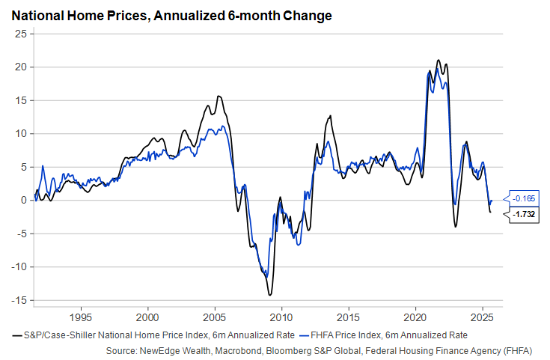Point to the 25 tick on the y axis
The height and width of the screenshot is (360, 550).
click(22, 34)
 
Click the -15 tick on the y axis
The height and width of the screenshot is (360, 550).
click(19, 300)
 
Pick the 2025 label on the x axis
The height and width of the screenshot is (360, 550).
click(482, 316)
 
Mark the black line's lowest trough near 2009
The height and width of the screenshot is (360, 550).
click(269, 295)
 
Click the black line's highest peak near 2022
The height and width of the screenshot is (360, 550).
click(439, 61)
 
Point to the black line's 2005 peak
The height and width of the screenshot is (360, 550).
click(219, 96)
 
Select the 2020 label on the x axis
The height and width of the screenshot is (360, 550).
click(415, 316)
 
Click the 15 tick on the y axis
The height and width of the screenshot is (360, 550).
click(22, 100)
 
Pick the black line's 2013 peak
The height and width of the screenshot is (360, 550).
click(330, 115)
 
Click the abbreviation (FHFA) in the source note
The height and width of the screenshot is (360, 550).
click(516, 350)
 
